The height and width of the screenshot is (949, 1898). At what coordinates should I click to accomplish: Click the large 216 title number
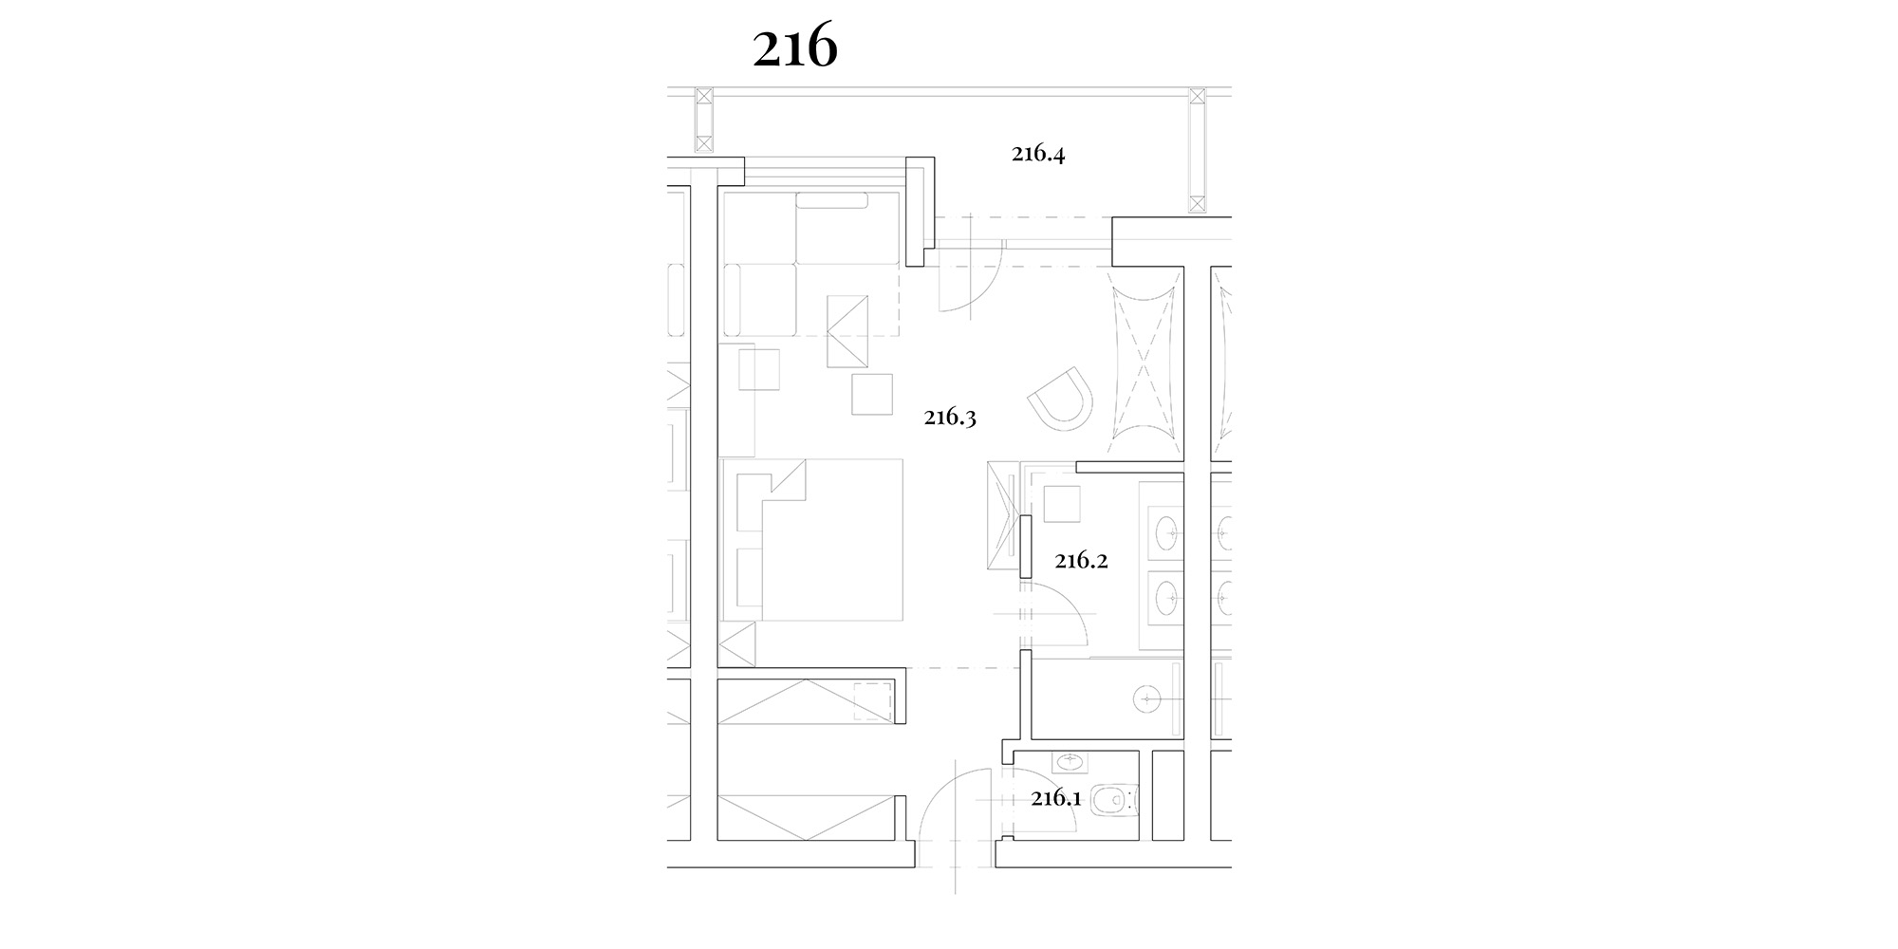pos(795,48)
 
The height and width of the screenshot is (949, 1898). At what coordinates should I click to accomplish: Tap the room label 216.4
pos(1038,154)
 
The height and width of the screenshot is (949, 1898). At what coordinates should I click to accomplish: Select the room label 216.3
pos(951,418)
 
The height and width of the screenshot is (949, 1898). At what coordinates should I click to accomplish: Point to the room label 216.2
pos(1082,561)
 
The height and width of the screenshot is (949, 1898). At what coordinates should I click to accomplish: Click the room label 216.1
pos(1056,798)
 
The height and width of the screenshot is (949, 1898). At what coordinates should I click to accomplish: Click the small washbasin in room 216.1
pos(1071,761)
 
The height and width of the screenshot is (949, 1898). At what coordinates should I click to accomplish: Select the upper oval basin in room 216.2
pos(1167,533)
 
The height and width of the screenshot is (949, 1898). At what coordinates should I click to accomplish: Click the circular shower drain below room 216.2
pos(1146,699)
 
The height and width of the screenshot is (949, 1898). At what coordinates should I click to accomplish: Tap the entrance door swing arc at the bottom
pos(938,788)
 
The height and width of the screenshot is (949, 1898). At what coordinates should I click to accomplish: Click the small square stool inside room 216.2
pos(1062,503)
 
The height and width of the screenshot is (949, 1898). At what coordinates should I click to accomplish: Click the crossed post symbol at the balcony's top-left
pos(703,120)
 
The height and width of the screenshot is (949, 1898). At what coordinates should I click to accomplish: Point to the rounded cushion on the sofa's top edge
pos(832,200)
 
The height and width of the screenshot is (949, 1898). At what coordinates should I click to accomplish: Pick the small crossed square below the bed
pos(737,644)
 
